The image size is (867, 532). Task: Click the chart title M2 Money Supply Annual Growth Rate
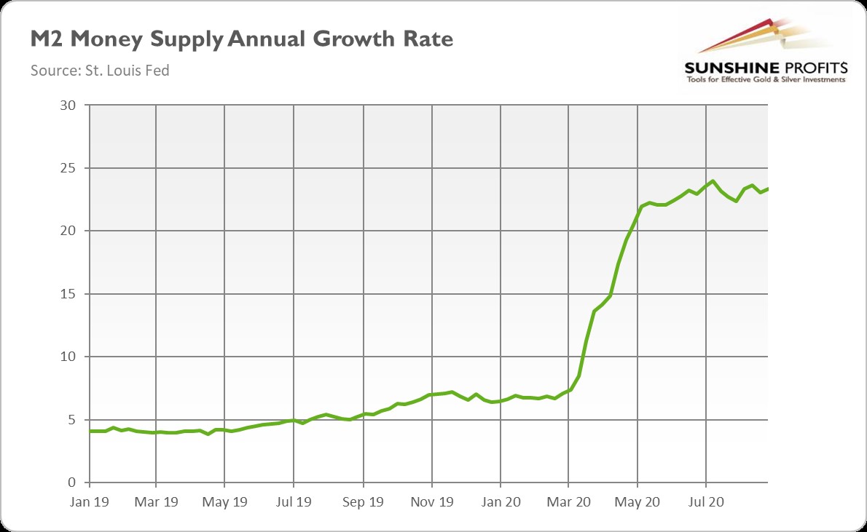click(242, 39)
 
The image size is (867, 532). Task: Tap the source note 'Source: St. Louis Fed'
click(100, 71)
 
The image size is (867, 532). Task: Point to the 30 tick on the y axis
click(68, 105)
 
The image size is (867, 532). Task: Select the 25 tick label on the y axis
click(68, 168)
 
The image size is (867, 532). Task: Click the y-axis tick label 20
click(68, 231)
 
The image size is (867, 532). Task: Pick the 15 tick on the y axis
click(68, 294)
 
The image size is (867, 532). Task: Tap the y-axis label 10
click(68, 357)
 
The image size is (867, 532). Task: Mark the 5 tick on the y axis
click(71, 420)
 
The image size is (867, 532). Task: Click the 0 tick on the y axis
click(71, 483)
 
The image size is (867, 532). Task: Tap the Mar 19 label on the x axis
click(156, 502)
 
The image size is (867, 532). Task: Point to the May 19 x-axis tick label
click(224, 502)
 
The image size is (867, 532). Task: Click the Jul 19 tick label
click(294, 502)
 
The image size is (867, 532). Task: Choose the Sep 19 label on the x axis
click(363, 502)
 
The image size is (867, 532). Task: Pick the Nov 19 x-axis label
click(431, 502)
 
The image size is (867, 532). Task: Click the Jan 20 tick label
click(501, 502)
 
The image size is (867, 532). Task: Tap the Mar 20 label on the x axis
click(569, 502)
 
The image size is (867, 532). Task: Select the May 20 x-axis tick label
click(637, 502)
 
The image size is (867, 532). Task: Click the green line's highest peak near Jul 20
click(712, 181)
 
